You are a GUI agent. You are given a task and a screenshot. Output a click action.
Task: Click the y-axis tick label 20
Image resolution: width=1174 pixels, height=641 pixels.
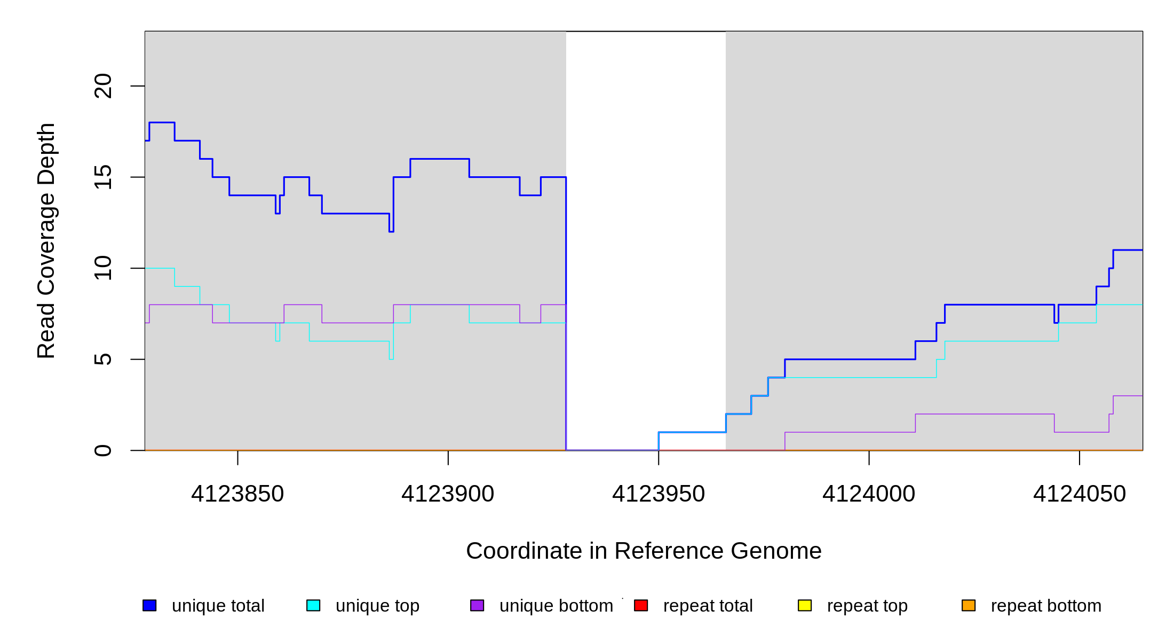[x=103, y=86]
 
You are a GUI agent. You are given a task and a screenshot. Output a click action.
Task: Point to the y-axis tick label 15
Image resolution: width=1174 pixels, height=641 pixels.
[x=103, y=177]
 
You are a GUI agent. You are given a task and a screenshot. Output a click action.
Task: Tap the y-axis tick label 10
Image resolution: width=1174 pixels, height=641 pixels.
[x=103, y=268]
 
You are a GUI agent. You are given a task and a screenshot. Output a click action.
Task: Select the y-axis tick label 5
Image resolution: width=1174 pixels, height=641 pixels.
[x=103, y=359]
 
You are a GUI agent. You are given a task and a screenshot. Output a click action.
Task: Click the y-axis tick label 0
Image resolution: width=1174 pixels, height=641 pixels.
[x=103, y=450]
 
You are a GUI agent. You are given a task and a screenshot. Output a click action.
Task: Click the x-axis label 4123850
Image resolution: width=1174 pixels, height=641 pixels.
[x=237, y=494]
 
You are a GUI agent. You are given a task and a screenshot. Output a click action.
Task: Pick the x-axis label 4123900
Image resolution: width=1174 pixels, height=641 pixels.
[x=448, y=494]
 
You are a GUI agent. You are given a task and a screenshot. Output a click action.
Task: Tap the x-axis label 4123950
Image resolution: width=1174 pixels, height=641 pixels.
[x=659, y=494]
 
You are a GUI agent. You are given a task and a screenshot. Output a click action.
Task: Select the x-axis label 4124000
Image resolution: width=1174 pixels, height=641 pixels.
[x=869, y=494]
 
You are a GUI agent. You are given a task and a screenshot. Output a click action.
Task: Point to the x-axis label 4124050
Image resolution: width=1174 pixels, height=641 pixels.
[x=1080, y=494]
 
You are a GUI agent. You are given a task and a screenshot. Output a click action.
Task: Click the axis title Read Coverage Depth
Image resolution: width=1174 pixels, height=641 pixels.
[x=46, y=241]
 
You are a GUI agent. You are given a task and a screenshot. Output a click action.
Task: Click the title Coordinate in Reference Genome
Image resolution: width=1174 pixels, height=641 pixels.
[x=644, y=551]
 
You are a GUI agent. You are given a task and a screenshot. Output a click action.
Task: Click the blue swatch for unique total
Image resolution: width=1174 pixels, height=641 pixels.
[x=149, y=605]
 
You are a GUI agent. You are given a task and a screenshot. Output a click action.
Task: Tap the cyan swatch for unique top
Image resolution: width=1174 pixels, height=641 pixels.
[x=313, y=605]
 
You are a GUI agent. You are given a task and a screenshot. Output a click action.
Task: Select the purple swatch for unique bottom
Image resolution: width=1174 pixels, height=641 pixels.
[x=477, y=605]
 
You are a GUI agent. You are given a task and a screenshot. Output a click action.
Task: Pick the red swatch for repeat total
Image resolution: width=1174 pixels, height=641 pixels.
[x=641, y=605]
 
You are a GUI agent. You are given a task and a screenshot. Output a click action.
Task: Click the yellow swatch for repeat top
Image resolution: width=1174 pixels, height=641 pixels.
[x=805, y=605]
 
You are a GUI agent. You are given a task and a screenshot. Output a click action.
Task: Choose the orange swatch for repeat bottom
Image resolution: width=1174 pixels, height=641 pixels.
[x=969, y=605]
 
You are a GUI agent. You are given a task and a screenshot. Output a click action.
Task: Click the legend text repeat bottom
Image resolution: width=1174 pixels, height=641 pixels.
[x=1046, y=606]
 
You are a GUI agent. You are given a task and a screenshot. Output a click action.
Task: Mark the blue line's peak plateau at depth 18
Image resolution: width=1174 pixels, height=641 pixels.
[x=162, y=123]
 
